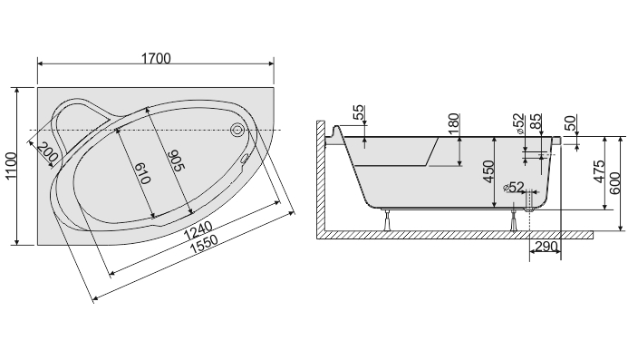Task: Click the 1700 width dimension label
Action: click(156, 59)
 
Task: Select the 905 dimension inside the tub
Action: click(175, 161)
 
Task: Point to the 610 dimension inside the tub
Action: click(142, 173)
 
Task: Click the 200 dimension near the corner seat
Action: click(48, 152)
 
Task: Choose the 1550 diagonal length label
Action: click(204, 244)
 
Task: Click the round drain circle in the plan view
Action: click(237, 129)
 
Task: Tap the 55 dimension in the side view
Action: click(359, 112)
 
